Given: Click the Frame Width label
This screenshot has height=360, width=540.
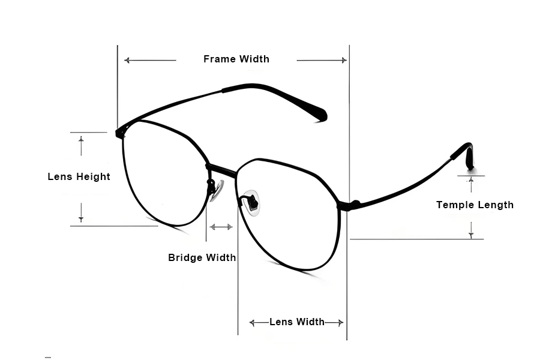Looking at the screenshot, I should click(x=236, y=59).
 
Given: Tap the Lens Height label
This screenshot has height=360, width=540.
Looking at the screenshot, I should click(x=79, y=176).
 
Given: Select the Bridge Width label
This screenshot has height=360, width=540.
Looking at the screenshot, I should click(x=202, y=257).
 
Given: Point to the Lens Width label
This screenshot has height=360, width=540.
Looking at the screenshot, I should click(x=296, y=322).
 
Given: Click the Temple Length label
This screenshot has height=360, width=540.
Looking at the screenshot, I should click(x=475, y=205).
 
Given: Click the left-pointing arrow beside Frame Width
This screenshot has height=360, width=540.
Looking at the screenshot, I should click(x=150, y=60).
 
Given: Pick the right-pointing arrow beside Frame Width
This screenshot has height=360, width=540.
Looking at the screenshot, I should click(x=322, y=60).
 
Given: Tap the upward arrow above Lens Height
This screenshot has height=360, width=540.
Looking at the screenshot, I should click(x=81, y=145).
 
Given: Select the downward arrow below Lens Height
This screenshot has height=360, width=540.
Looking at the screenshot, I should click(x=81, y=212).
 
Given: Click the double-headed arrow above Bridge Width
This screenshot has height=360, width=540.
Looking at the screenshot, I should click(x=221, y=227).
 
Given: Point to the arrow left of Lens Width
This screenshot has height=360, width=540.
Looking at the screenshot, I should click(x=259, y=323).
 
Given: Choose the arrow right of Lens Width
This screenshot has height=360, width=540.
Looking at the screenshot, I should click(x=334, y=323).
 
